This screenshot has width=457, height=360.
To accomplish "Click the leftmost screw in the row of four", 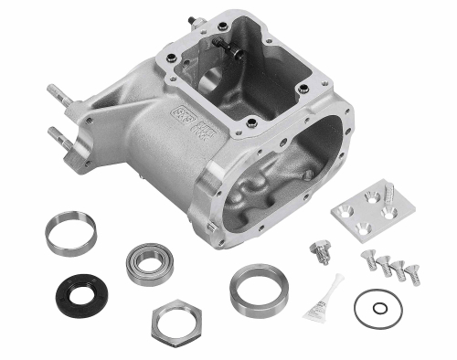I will [370, 259].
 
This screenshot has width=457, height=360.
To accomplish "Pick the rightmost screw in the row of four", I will [412, 271].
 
